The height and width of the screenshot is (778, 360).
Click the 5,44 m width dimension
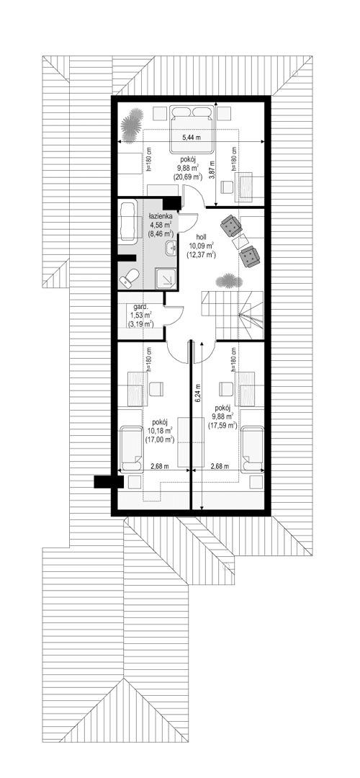click(x=191, y=137)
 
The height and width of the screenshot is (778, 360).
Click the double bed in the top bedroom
click(x=191, y=124)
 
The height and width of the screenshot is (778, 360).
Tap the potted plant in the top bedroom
click(x=131, y=124)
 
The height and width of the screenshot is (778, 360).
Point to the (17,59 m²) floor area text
click(x=223, y=425)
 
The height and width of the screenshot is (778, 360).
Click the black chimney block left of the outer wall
click(x=104, y=482)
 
